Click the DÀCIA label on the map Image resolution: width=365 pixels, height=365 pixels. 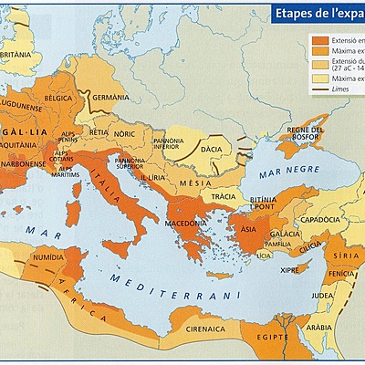pyautogui.click(x=213, y=145)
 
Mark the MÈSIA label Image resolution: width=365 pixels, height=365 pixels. pyautogui.click(x=202, y=181)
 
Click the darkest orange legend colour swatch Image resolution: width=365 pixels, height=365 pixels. pyautogui.click(x=319, y=41)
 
